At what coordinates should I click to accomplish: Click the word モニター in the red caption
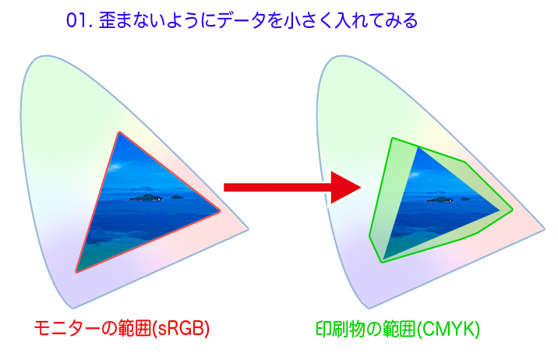67,328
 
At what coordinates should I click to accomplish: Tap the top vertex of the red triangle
119,132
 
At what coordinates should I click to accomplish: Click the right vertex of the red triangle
220,211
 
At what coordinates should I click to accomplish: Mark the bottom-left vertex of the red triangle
76,272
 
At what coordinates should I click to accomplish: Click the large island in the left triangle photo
147,197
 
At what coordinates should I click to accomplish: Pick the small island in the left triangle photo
177,196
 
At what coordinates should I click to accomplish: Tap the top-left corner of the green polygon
392,139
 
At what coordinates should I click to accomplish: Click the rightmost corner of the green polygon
513,210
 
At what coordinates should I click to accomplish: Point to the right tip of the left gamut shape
248,229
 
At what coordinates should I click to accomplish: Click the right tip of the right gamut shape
545,229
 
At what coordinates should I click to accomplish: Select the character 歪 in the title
107,20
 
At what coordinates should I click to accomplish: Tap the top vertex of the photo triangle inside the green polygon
418,147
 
